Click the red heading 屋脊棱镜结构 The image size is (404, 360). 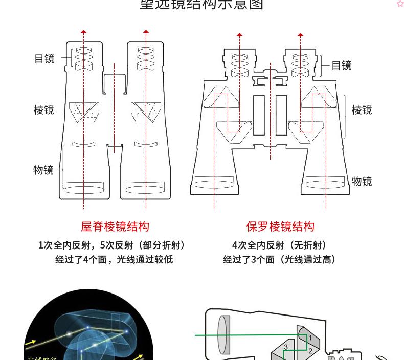tap(115, 227)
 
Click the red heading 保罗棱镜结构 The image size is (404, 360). tap(280, 227)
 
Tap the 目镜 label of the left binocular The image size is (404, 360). tap(44, 59)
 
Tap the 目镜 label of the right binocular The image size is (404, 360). tap(342, 65)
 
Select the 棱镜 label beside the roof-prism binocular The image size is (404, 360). tap(44, 110)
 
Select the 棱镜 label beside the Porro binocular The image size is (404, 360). tap(362, 110)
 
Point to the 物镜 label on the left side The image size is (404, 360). tap(44, 170)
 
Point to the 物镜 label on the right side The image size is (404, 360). tap(362, 181)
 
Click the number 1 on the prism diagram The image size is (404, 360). tap(310, 338)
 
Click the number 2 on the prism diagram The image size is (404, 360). tap(310, 351)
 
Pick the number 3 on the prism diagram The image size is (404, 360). tap(286, 347)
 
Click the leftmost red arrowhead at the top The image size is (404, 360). tap(83, 32)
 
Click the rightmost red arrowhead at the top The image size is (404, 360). tap(301, 35)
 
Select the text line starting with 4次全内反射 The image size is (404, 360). tap(279, 245)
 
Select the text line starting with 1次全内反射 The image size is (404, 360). tap(112, 245)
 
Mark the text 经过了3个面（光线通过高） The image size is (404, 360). tap(280, 260)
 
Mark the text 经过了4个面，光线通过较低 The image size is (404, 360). tap(114, 260)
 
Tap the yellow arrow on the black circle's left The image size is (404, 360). tap(31, 342)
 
